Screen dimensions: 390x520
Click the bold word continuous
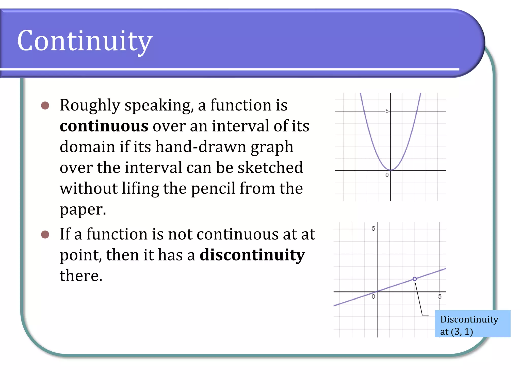click(104, 126)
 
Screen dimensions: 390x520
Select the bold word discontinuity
click(252, 255)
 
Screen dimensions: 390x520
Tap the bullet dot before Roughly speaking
click(45, 105)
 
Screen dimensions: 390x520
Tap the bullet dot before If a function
click(45, 234)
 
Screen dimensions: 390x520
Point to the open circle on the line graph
click(414, 279)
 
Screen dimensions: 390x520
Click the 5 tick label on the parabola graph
click(387, 111)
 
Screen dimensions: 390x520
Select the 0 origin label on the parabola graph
click(387, 175)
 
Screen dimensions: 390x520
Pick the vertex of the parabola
click(391, 170)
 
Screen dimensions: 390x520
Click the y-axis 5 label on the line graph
click(373, 229)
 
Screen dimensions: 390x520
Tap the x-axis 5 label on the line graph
click(440, 296)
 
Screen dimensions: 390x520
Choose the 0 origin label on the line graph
click(373, 296)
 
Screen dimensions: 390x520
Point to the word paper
click(83, 210)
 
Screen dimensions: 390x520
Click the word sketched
click(270, 168)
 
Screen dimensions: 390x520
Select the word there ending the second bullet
click(81, 276)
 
